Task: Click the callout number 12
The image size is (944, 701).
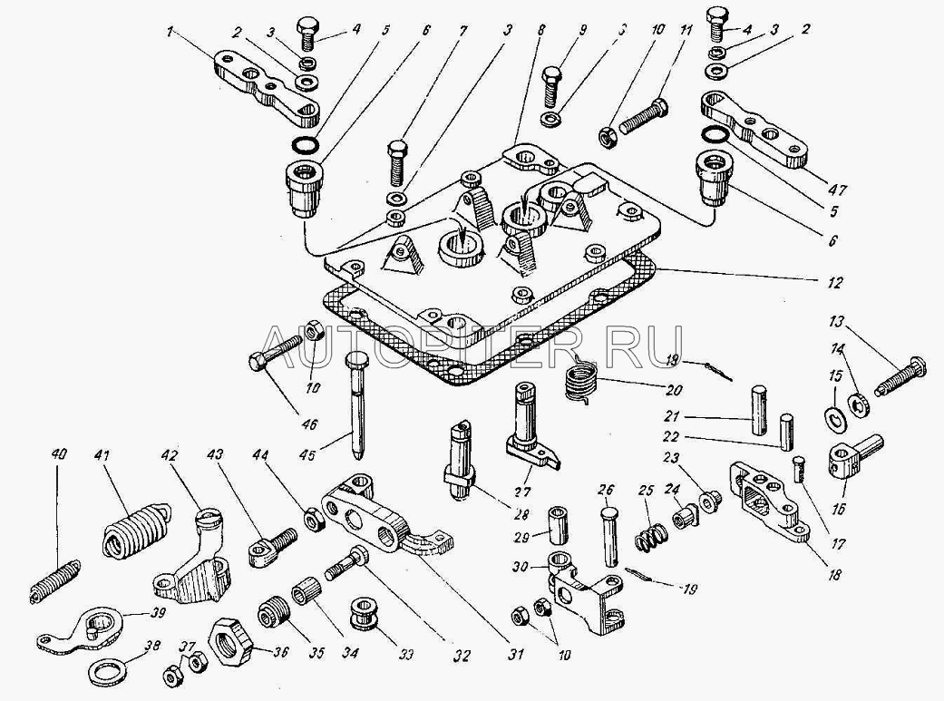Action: pyautogui.click(x=835, y=283)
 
